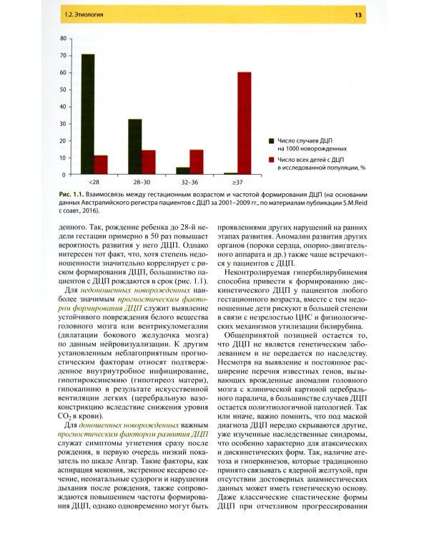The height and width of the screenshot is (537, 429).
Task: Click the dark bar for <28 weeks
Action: (x=87, y=115)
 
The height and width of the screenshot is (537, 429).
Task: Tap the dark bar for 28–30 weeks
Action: (x=134, y=147)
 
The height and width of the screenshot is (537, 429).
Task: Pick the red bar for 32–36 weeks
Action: (x=196, y=162)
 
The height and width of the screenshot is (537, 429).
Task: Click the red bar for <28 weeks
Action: (x=101, y=165)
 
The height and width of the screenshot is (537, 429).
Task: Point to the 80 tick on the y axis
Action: (x=64, y=38)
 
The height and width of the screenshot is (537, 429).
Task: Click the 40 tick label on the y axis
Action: (x=64, y=106)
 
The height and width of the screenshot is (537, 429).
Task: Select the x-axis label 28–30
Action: (x=142, y=183)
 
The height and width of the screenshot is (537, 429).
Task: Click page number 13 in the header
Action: (x=377, y=16)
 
